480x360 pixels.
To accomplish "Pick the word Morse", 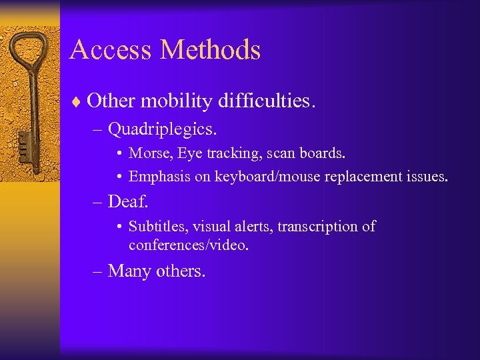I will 149,153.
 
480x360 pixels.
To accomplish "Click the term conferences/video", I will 189,245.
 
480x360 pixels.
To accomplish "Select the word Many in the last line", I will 129,271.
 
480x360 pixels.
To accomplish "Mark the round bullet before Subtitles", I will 117,227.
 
